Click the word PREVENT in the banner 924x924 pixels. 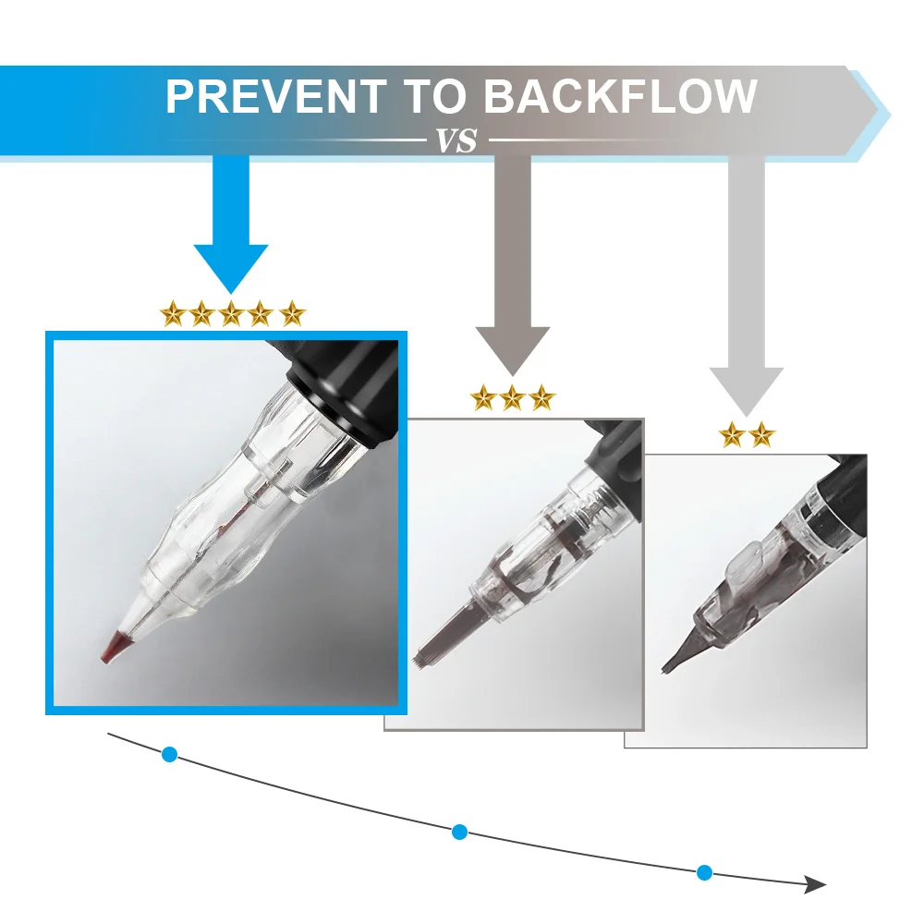(x=275, y=97)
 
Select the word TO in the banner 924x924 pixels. (x=433, y=97)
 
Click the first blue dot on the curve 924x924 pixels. (x=169, y=754)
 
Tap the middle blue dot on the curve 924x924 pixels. (x=459, y=832)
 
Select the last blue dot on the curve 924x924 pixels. (x=704, y=871)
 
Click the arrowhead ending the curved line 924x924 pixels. (x=814, y=884)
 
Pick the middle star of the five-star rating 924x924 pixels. (x=231, y=314)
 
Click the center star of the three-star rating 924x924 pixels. (x=513, y=398)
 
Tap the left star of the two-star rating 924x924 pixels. (x=732, y=434)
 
